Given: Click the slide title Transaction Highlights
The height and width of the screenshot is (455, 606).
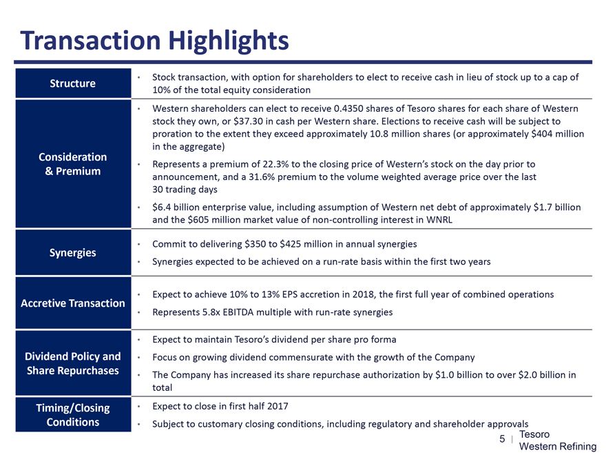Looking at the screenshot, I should (x=155, y=41).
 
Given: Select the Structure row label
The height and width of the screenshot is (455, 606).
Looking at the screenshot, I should (x=72, y=83).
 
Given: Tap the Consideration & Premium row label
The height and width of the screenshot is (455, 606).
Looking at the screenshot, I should (x=72, y=164).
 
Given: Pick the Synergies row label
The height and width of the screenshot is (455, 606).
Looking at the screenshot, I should (x=72, y=252).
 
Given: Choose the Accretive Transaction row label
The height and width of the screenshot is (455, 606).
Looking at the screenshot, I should (x=72, y=303).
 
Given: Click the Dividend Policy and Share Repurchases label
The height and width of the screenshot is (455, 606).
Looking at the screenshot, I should (x=72, y=363).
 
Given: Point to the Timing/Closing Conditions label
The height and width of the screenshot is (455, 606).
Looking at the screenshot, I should (x=72, y=414).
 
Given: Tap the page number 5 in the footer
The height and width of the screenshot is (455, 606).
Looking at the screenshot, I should (x=502, y=440).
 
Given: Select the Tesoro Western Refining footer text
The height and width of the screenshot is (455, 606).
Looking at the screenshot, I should (x=557, y=441).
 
